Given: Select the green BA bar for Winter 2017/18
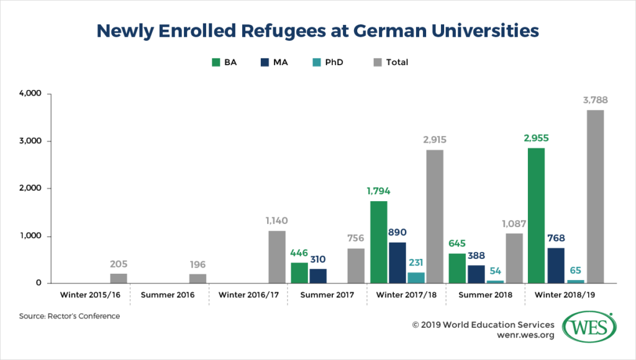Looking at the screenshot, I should coord(378,242).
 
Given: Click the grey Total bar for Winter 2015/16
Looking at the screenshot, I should coord(119,278).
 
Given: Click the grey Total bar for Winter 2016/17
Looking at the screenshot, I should coord(277,257).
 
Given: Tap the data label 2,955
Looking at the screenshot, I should coord(535,138).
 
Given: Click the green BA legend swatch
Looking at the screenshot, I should coord(217,62).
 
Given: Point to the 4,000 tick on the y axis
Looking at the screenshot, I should coord(29,94).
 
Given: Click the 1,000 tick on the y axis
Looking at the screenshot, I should coord(29,236).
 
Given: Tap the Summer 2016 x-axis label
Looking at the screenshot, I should coord(168,295).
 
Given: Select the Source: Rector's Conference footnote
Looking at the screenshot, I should coord(69,316).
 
